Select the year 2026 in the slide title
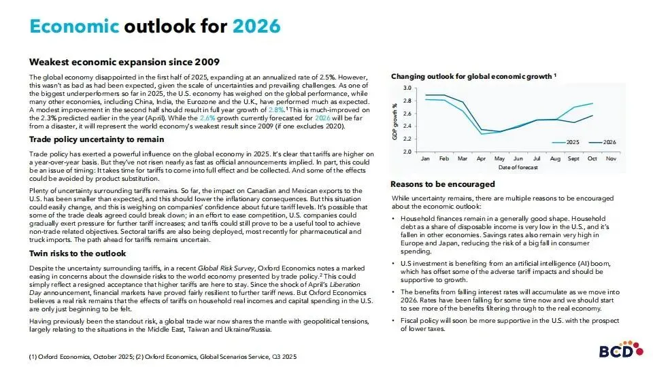point(256,27)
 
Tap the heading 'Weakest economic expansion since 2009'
point(124,62)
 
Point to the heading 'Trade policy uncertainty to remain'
point(105,139)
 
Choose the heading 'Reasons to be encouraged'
point(443,184)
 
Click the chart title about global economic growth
point(474,77)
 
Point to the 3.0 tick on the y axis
point(407,88)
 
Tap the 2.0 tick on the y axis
point(407,151)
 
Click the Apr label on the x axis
point(482,158)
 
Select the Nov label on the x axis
point(610,158)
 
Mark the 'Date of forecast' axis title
point(517,167)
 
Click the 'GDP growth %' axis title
point(395,120)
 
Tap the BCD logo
point(619,351)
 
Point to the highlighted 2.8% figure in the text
point(276,109)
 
